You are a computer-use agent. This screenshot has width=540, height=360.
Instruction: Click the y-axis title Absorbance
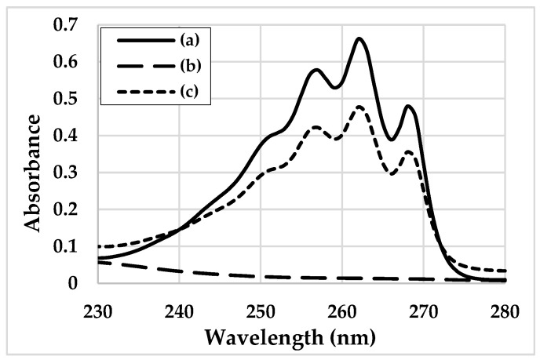pos(32,173)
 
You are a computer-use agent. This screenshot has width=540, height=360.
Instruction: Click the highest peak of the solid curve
pos(359,38)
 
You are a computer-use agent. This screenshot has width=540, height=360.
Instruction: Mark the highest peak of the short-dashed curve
pos(359,107)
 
